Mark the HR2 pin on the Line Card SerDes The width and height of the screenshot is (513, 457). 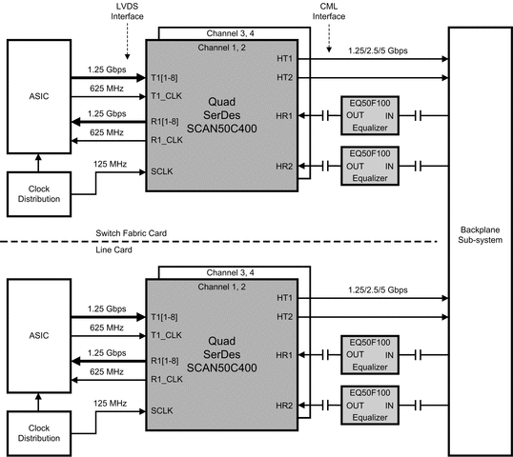pos(284,406)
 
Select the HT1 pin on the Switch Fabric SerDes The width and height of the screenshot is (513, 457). pos(284,59)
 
